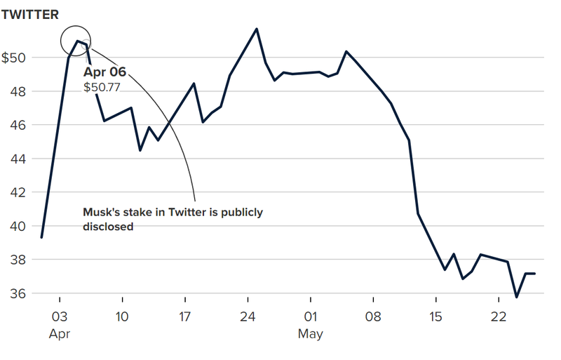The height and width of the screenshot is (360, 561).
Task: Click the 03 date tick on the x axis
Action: tap(60, 316)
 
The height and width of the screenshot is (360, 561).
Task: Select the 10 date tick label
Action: tap(122, 316)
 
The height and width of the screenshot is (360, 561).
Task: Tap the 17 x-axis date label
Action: tap(185, 316)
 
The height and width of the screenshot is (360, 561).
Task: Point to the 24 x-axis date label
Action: tap(248, 316)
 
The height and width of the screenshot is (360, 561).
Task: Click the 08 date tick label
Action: tap(373, 316)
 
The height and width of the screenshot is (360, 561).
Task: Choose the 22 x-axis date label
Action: tap(498, 316)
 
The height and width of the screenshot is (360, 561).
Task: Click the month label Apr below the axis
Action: tap(60, 334)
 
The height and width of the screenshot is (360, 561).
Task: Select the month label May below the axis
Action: tap(311, 334)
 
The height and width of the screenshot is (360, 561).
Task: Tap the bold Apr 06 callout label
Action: tap(104, 72)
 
